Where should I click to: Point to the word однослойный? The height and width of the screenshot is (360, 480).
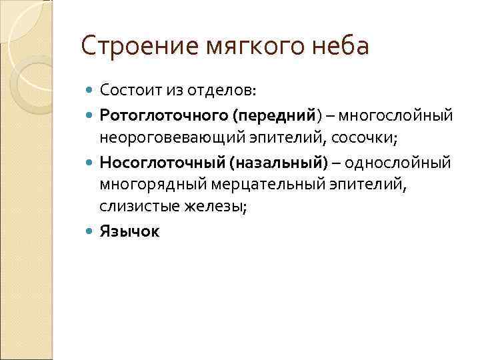click(x=401, y=162)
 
